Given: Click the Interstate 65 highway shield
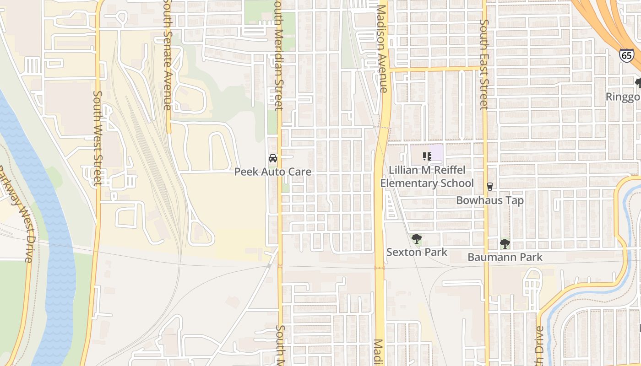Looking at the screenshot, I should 627,55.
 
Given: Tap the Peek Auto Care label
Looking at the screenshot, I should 273,172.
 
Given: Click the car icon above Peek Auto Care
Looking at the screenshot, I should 273,158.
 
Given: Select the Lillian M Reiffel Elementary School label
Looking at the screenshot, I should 427,177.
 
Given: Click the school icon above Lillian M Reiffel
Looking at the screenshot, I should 427,156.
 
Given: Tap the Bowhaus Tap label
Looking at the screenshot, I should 490,200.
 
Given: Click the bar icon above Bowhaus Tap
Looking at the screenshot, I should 490,186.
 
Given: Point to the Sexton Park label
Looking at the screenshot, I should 417,252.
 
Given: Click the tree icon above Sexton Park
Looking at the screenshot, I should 417,238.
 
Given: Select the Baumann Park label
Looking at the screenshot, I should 505,257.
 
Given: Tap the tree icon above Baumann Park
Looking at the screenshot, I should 505,243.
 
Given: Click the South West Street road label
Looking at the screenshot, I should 97,138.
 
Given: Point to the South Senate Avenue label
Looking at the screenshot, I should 168,55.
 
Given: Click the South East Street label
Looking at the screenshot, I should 484,64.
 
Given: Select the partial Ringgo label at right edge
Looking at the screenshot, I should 623,97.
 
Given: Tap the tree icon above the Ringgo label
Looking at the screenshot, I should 638,83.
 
